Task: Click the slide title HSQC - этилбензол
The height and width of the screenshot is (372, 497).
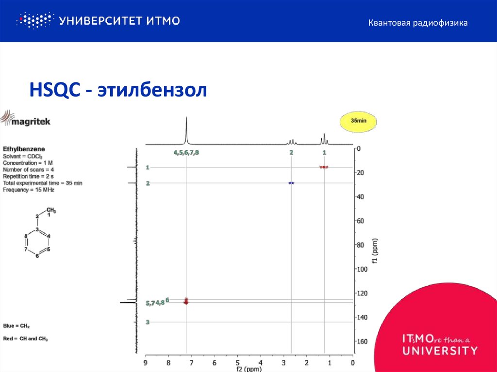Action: [x=118, y=90]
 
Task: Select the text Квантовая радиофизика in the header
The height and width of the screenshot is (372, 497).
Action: [x=417, y=23]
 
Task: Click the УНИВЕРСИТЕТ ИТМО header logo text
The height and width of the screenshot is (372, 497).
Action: [x=119, y=20]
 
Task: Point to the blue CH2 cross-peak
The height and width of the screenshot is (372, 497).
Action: [x=291, y=183]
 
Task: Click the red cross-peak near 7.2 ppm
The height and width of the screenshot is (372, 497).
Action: [x=186, y=301]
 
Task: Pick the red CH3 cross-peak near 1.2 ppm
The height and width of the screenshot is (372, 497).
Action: [x=324, y=167]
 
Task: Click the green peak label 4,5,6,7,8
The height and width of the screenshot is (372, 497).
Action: [x=186, y=152]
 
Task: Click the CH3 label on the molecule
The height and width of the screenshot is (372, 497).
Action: [x=51, y=210]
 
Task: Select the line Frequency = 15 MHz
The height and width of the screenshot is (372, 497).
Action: [x=29, y=190]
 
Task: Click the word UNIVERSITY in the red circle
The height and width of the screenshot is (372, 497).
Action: [x=440, y=350]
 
